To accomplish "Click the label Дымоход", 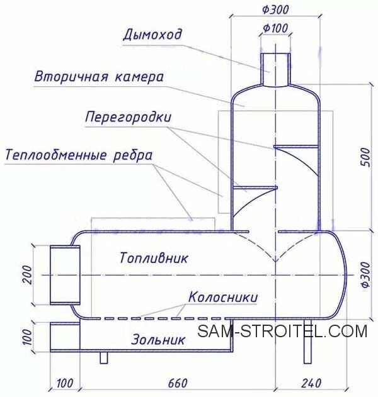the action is click(152, 35).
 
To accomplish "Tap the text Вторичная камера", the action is click(99, 77).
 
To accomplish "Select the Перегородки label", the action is click(128, 117).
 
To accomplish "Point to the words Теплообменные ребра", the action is click(79, 155).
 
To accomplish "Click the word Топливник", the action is click(154, 258).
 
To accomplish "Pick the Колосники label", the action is click(223, 297).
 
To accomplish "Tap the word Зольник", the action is click(158, 340).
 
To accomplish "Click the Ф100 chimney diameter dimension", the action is click(275, 28).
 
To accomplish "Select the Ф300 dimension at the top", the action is click(275, 9).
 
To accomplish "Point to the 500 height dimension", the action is click(365, 157).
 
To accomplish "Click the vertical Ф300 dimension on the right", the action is click(365, 275).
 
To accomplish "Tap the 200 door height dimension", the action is click(27, 275).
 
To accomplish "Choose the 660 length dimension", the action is click(178, 383).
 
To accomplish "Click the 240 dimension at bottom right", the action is click(311, 383).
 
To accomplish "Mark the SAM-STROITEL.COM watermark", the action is click(282, 331).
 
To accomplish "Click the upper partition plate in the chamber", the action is click(295, 147).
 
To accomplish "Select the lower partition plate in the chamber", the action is click(255, 187).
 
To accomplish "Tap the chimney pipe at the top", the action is click(275, 69).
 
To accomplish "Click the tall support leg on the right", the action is click(307, 341).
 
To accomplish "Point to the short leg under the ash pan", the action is click(104, 358).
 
